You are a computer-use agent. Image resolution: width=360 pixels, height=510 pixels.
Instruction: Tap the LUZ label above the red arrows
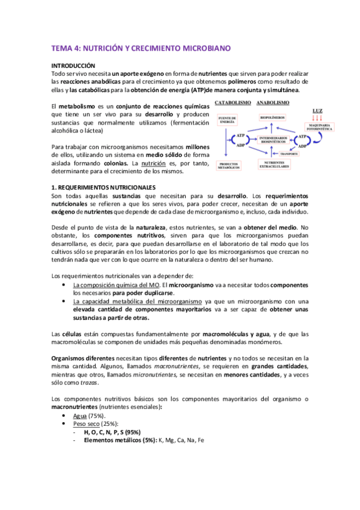coord(319,110)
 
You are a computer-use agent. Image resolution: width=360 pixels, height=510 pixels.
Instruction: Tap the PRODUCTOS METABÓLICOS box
coord(228,165)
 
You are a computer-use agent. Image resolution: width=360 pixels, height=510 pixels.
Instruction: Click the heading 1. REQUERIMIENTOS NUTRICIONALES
coord(103,188)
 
